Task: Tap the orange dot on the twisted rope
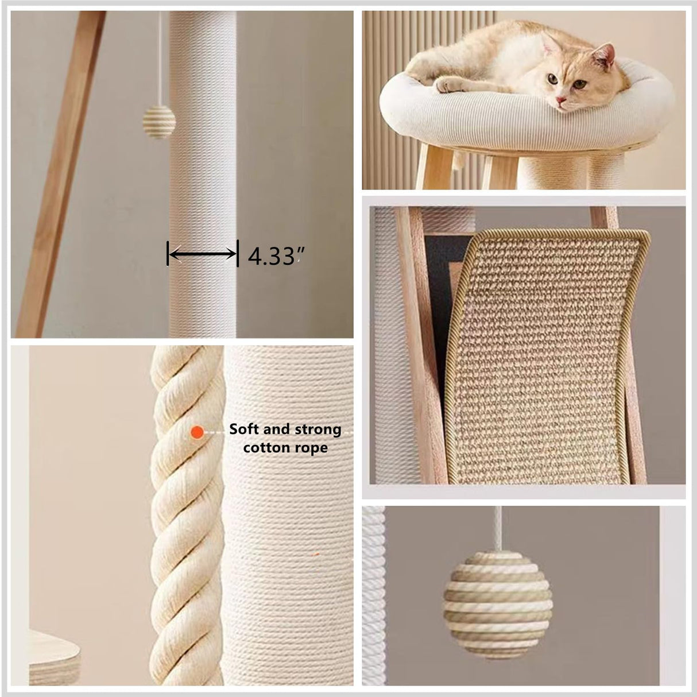pos(198,432)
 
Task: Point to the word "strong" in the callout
pos(318,429)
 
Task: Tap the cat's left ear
pos(604,55)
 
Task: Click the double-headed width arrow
pos(203,253)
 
